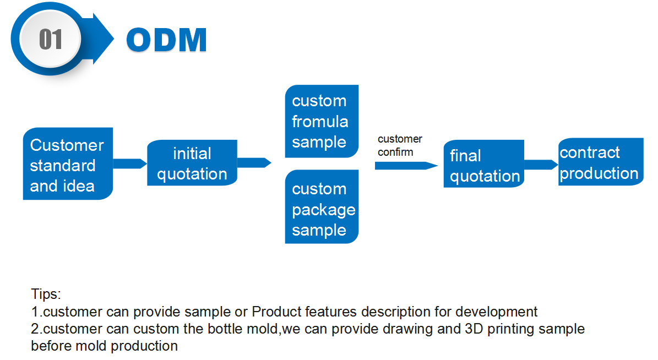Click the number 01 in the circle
51,40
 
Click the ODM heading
166,40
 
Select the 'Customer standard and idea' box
68,165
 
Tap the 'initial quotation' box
192,163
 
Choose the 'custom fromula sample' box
322,122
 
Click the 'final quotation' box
483,165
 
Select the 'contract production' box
600,162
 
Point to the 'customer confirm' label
399,145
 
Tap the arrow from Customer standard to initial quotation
130,163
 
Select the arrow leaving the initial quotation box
254,162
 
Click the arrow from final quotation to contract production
541,165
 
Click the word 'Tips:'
46,293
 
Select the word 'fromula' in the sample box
320,121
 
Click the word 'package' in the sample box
324,210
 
